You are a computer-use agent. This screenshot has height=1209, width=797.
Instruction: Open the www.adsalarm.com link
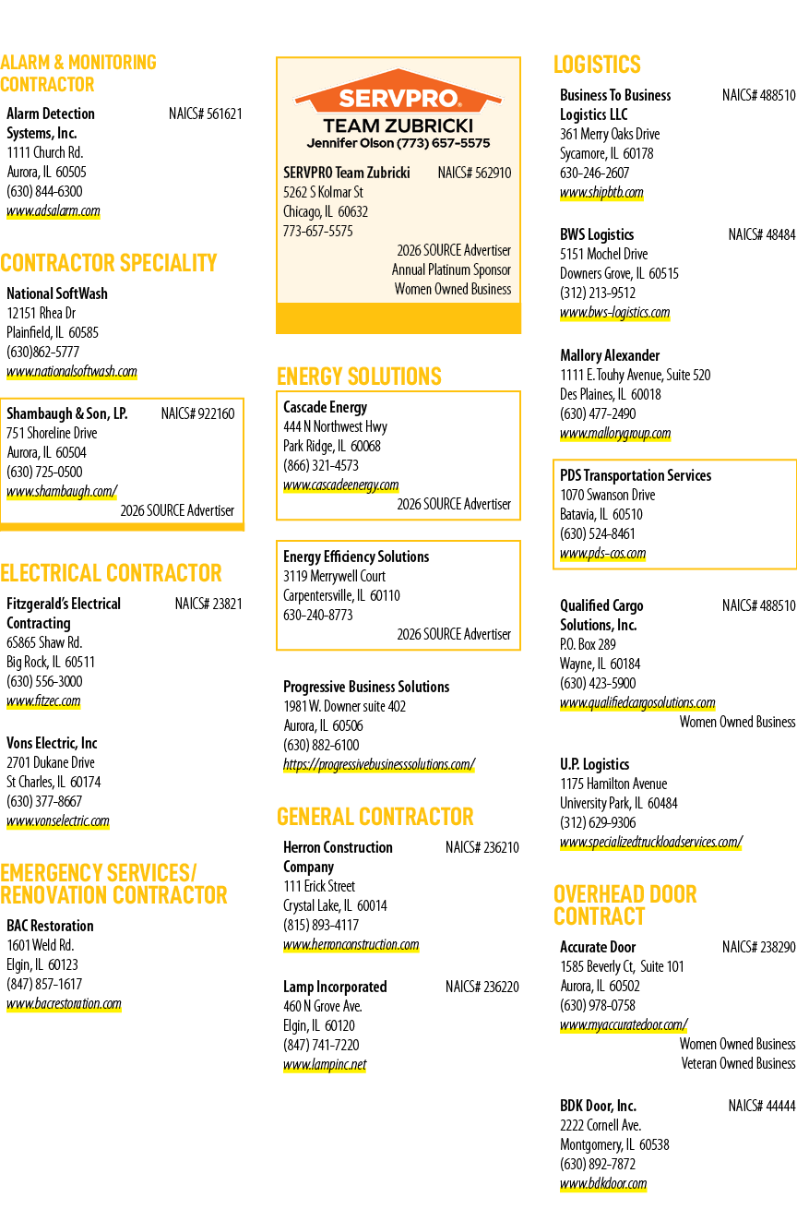pos(54,210)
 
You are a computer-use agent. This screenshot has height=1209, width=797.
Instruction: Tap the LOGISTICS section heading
pos(597,65)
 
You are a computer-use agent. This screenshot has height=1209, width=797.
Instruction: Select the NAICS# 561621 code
pos(205,114)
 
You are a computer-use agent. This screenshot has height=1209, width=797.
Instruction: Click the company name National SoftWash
pos(57,293)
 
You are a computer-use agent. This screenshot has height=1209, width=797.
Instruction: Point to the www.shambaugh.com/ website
pos(62,491)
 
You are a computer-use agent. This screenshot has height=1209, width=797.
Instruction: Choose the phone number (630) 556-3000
pos(45,681)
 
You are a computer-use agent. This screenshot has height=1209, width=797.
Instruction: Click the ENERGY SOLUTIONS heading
pos(359,377)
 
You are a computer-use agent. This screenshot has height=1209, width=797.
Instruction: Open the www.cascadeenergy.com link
pos(341,485)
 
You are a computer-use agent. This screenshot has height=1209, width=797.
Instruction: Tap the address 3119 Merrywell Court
pos(335,576)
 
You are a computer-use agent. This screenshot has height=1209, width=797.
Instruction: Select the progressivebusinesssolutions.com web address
pos(379,764)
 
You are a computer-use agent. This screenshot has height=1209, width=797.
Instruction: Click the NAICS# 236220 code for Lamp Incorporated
pos(482,987)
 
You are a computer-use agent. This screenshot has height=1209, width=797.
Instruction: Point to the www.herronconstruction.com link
pos(351,944)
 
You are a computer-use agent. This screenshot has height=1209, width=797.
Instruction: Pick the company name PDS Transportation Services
pos(636,475)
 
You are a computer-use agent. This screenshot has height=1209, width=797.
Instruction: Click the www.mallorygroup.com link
pos(615,434)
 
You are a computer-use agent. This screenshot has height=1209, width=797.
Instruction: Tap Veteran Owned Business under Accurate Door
pos(738,1063)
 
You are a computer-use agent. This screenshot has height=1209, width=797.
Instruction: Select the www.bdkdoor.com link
pos(603,1184)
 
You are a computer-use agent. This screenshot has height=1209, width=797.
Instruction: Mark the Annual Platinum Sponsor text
pos(452,269)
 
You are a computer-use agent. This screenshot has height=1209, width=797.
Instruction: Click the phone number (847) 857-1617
pos(44,984)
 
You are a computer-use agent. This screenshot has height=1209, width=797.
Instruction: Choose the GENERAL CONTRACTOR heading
pos(375,817)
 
